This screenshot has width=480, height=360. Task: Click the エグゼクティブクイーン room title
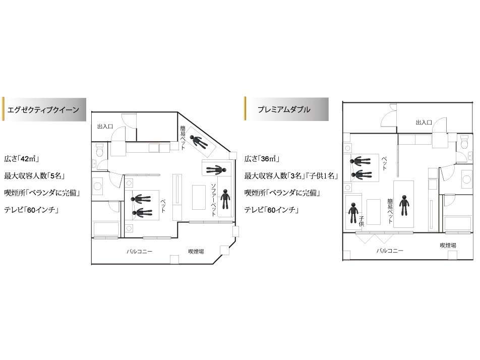[x=43, y=109]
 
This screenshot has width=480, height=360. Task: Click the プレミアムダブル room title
[x=284, y=109]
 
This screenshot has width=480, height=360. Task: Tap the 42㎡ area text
[x=21, y=158]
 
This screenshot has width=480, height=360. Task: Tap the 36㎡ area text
[x=262, y=158]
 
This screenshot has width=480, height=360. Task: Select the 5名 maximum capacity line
[x=34, y=175]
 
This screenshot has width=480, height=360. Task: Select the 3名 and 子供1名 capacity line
[x=291, y=175]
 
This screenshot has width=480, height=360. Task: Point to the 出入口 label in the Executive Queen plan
[x=105, y=126]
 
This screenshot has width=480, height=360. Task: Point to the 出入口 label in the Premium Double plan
[x=424, y=123]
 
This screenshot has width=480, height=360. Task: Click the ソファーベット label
[x=214, y=200]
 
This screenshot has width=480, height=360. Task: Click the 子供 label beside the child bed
[x=362, y=221]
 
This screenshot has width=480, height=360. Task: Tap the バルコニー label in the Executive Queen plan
[x=140, y=251]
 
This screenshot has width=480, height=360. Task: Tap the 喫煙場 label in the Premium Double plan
[x=448, y=245]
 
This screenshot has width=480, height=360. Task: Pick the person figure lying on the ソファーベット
[x=225, y=199]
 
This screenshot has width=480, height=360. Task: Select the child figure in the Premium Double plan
[x=353, y=213]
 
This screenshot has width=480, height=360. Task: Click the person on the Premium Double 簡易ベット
[x=404, y=205]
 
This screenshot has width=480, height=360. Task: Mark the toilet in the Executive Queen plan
[x=99, y=151]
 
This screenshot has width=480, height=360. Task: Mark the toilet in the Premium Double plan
[x=464, y=142]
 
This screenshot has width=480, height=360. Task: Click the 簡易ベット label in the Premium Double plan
[x=390, y=211]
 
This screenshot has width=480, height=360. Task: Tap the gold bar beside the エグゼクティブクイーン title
[x=4, y=109]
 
